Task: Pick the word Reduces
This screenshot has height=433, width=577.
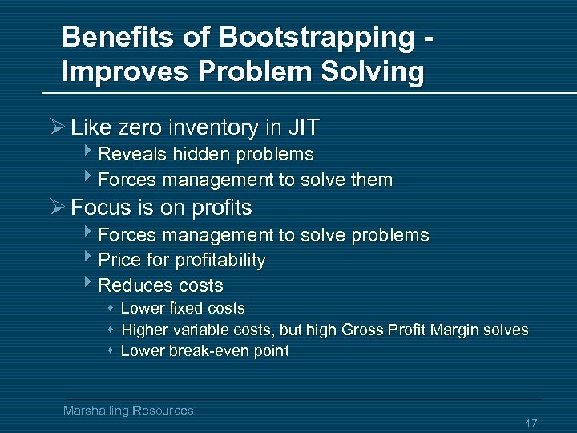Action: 128,285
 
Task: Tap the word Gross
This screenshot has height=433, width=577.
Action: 365,330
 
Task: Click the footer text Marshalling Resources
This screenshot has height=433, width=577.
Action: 128,411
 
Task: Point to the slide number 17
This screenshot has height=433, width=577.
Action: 531,423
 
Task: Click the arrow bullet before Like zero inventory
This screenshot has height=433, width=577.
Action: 55,127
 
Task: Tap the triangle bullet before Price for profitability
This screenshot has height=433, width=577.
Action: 87,259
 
